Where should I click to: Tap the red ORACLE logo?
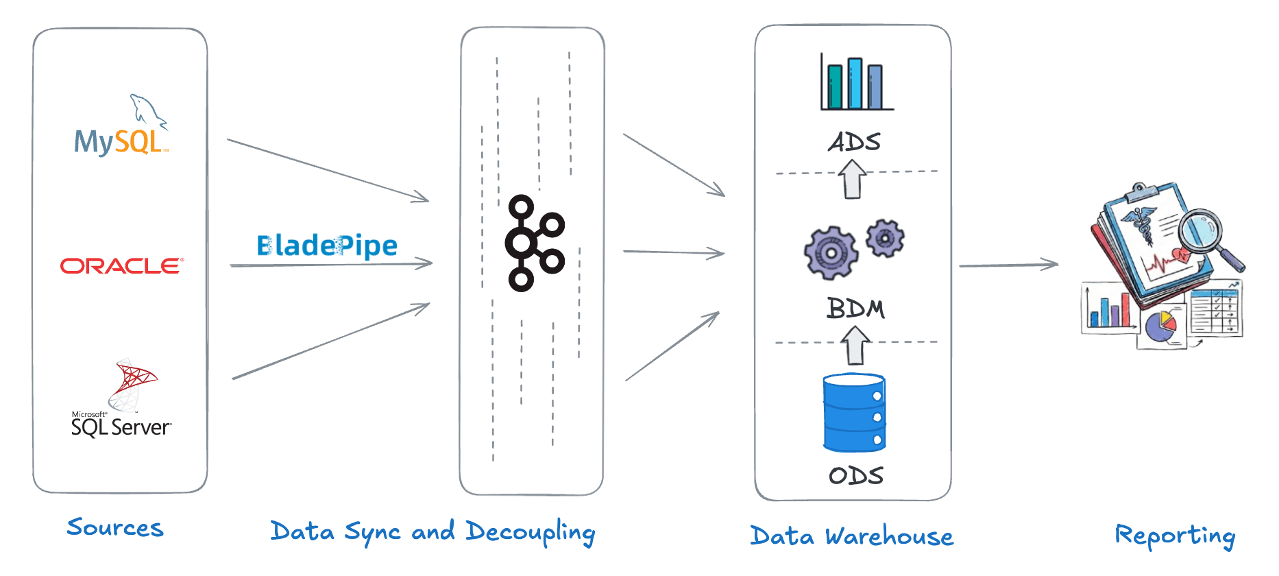(122, 265)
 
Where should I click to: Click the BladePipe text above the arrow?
(327, 245)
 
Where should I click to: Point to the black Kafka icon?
(534, 243)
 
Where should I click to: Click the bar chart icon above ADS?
(856, 84)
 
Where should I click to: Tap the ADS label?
(854, 142)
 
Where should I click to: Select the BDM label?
(855, 309)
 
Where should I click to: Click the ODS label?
(855, 475)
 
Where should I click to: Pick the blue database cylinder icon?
(854, 413)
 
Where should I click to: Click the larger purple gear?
(831, 253)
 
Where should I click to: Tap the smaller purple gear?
(885, 238)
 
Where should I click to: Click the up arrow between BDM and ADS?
(853, 179)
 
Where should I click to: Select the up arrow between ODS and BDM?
(855, 345)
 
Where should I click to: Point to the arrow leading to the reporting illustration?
(1008, 265)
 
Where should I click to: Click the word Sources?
(115, 527)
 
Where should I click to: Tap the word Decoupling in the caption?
(530, 533)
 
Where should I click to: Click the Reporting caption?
(1174, 536)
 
